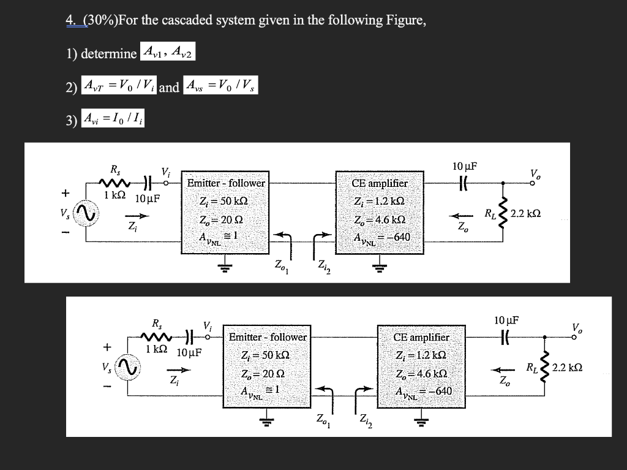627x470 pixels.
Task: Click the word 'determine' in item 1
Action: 109,53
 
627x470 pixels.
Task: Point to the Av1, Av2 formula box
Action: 167,52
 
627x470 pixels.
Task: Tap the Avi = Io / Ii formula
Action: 114,116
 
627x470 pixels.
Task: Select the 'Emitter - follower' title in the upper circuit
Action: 226,183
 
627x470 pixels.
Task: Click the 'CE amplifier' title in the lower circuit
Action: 421,337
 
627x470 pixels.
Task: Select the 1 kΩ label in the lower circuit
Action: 157,350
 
